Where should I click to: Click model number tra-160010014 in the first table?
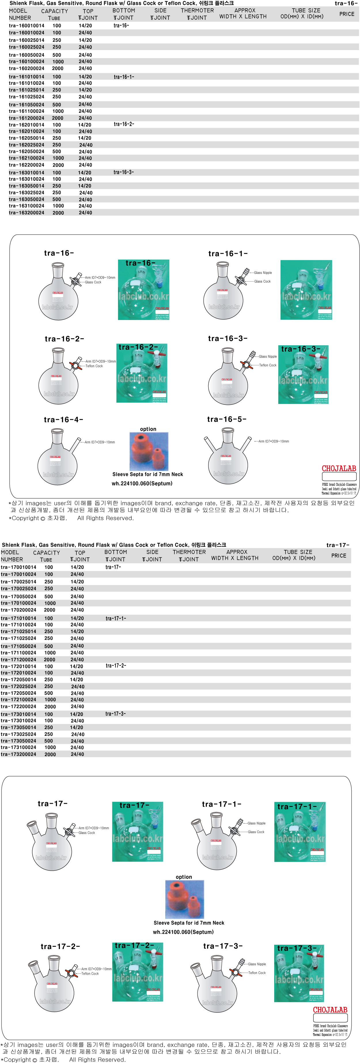pos(26,26)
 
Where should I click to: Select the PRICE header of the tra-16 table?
pos(346,14)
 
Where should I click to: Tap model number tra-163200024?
pos(26,213)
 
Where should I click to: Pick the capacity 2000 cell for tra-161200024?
pos(57,118)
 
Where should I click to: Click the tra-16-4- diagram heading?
pos(63,420)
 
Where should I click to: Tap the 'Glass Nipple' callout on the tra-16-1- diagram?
pos(263,273)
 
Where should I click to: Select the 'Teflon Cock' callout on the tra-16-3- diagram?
pos(268,365)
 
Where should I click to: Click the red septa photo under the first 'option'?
pos(149,452)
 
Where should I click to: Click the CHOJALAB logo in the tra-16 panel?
pos(338,469)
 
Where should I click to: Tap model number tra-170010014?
pos(19,567)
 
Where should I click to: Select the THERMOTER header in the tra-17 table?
pos(189,552)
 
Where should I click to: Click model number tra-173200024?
pos(19,754)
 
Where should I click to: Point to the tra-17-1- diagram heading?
pos(221,804)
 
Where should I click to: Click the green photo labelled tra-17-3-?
pos(299,974)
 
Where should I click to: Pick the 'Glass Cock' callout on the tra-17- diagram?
pos(87,833)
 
